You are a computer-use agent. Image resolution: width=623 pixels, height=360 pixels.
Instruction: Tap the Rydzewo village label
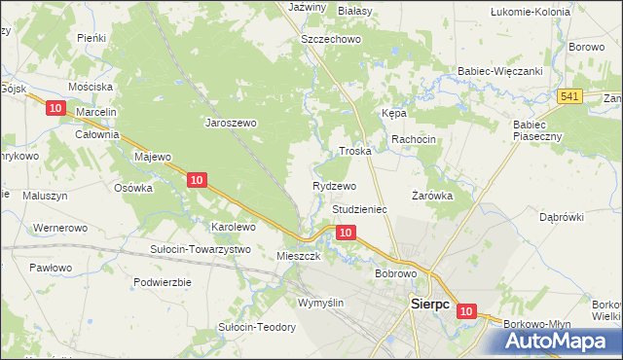(x=335, y=185)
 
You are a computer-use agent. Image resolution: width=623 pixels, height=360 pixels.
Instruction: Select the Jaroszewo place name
(x=230, y=123)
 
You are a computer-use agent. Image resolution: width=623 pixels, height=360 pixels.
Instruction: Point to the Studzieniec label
(x=360, y=209)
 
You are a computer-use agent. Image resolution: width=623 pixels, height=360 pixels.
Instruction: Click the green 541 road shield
(x=570, y=95)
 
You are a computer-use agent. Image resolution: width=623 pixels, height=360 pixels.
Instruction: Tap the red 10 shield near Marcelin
(x=55, y=108)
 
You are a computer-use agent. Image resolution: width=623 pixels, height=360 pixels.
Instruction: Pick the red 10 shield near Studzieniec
(x=346, y=232)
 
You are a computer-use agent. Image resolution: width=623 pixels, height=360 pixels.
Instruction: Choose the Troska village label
(x=355, y=152)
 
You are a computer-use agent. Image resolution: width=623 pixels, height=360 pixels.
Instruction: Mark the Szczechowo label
(x=331, y=39)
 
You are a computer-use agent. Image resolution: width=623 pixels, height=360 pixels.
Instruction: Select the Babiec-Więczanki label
(x=499, y=71)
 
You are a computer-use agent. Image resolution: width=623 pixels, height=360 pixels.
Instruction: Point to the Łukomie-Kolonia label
(x=531, y=12)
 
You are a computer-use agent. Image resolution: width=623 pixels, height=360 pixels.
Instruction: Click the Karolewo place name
(x=234, y=227)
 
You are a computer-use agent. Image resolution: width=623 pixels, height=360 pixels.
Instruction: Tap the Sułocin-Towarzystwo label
(x=200, y=249)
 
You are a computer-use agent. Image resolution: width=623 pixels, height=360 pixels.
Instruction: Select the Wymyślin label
(x=321, y=303)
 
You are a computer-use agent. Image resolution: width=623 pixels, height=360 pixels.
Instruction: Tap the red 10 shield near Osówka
(x=197, y=179)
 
